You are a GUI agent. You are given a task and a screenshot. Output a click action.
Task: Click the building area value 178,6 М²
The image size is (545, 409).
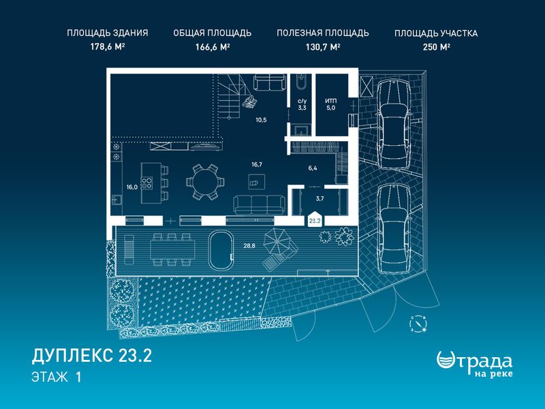pyautogui.click(x=108, y=47)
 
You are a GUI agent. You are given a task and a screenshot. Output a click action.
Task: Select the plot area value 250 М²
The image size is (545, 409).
pyautogui.click(x=437, y=47)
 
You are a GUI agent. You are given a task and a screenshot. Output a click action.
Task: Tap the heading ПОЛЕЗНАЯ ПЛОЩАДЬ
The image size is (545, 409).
pyautogui.click(x=323, y=33)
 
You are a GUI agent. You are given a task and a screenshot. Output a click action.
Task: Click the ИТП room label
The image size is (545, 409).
pyautogui.click(x=331, y=101)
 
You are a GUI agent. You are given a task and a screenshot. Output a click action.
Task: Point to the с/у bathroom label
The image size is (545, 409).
pyautogui.click(x=302, y=101)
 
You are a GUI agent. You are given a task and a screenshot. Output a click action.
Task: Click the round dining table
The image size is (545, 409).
pyautogui.click(x=205, y=182)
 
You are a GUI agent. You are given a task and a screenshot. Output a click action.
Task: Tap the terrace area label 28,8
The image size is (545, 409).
pyautogui.click(x=249, y=245)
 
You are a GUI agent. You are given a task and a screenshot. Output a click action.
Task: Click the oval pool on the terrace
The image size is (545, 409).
pyautogui.click(x=220, y=249)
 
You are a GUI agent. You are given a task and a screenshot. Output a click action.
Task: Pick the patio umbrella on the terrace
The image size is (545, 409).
pyautogui.click(x=277, y=243)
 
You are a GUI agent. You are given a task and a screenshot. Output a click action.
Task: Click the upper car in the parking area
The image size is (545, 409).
pyautogui.click(x=394, y=124)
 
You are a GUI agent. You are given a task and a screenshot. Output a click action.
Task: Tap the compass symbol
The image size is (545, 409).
pyautogui.click(x=418, y=324)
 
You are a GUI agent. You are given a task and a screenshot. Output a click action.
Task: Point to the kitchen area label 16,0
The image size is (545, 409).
pyautogui.click(x=132, y=187)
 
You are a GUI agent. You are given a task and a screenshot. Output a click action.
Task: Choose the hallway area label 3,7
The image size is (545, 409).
pyautogui.click(x=320, y=198)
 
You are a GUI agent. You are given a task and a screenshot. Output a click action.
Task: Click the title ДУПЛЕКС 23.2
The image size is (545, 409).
pyautogui.click(x=92, y=356)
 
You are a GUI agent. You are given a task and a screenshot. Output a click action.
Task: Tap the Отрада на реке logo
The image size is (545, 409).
pyautogui.click(x=474, y=364)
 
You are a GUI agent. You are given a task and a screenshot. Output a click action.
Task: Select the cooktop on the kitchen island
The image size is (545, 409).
pyautogui.click(x=146, y=183)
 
